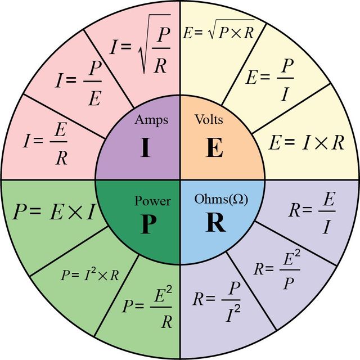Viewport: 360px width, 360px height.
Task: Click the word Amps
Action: click(151, 120)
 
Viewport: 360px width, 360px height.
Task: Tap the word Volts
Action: click(209, 119)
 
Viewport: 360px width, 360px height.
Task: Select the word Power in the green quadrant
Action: click(152, 201)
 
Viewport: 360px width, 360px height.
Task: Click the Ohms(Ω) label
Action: click(221, 199)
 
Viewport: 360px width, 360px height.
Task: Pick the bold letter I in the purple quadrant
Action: click(145, 147)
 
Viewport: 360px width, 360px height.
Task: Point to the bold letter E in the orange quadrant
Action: click(214, 147)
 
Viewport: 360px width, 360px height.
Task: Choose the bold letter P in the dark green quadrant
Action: click(148, 224)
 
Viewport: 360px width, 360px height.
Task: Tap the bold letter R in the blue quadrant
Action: click(215, 222)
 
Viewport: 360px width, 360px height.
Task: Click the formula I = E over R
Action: click(45, 143)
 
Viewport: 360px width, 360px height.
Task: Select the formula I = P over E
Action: click(79, 83)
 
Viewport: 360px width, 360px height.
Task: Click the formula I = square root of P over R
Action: click(140, 44)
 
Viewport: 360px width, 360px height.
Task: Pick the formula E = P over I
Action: click(270, 80)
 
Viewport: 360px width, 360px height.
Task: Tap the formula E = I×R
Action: click(307, 143)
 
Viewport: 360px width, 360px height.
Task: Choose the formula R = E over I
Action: click(312, 213)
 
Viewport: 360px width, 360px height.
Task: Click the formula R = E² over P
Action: click(277, 269)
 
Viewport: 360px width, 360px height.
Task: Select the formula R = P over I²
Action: click(217, 301)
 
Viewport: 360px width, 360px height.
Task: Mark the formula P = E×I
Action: click(54, 211)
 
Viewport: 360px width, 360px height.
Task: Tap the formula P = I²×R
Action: click(90, 274)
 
